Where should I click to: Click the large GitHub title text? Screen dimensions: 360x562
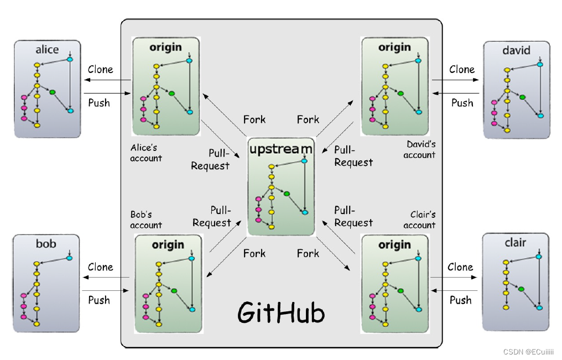280,312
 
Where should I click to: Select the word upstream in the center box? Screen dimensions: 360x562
280,149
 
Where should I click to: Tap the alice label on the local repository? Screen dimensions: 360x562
47,50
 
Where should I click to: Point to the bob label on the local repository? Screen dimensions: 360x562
46,244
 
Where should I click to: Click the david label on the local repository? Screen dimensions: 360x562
516,51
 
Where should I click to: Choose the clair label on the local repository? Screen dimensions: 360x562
515,243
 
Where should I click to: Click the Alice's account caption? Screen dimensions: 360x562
146,153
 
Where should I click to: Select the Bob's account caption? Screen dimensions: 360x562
146,220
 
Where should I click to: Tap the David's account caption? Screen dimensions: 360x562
420,150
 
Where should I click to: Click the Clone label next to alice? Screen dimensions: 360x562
100,70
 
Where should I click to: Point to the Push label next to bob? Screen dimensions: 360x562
99,300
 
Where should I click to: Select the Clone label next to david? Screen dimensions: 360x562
462,70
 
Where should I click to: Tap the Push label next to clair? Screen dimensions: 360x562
460,300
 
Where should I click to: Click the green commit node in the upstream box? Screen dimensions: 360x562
287,194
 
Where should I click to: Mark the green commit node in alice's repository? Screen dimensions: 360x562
53,92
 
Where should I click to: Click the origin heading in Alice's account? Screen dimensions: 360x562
165,48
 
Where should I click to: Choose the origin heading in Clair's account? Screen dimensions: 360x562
394,245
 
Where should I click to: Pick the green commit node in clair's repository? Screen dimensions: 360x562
521,289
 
